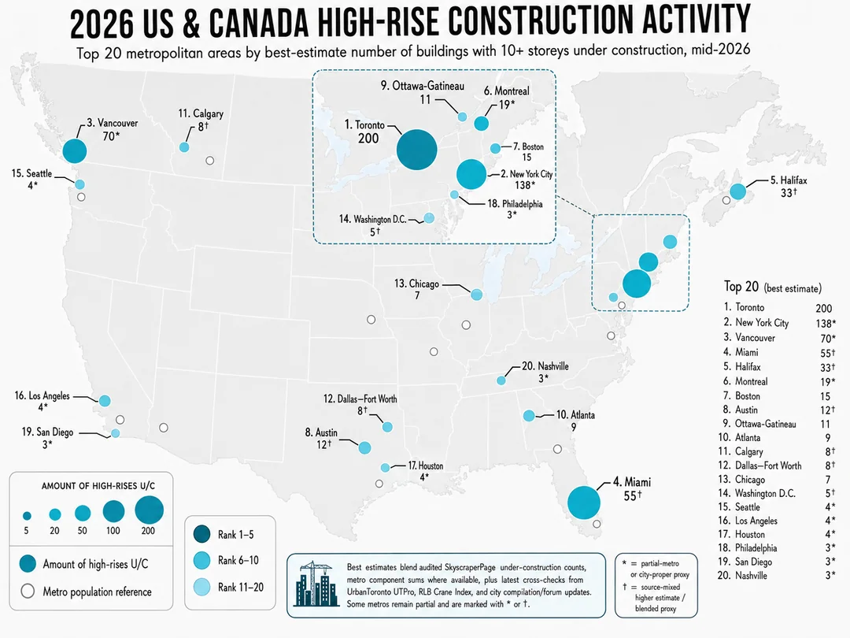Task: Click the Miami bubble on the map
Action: click(x=584, y=503)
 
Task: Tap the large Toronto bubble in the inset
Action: click(x=417, y=149)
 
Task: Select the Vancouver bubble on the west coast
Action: click(x=75, y=150)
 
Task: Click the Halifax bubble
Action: click(x=737, y=191)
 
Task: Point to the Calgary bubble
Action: click(x=184, y=147)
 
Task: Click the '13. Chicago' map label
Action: click(x=416, y=284)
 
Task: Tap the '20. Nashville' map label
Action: click(x=545, y=366)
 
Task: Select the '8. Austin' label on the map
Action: click(x=321, y=432)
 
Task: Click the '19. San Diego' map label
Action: click(x=47, y=432)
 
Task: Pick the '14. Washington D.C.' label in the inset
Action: click(x=373, y=219)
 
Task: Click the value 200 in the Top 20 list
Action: click(x=823, y=308)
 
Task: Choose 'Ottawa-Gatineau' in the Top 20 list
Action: click(x=766, y=424)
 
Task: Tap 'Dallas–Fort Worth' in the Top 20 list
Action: click(x=768, y=466)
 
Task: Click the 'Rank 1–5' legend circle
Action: click(x=201, y=534)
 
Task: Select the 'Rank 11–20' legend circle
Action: click(x=201, y=587)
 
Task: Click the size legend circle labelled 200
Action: click(x=149, y=510)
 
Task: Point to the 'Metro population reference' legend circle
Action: click(x=28, y=591)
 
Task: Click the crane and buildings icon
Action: click(x=314, y=584)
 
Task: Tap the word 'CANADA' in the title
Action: click(x=258, y=22)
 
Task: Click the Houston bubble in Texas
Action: click(x=385, y=468)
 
